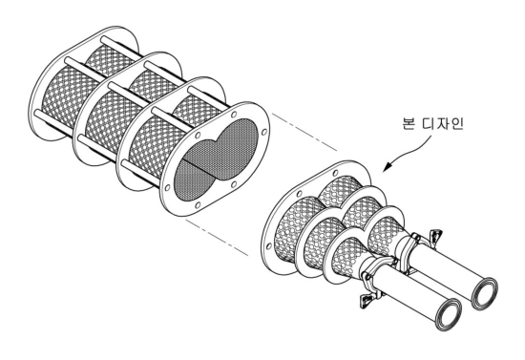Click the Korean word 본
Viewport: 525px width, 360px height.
click(409, 123)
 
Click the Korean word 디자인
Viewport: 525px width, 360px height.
click(443, 123)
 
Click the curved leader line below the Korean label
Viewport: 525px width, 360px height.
click(411, 150)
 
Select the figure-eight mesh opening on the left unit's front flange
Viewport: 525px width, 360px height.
click(216, 160)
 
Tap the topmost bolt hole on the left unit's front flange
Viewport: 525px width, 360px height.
click(234, 115)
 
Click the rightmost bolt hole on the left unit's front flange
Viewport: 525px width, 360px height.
click(264, 132)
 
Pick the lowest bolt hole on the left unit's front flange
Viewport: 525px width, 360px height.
click(198, 205)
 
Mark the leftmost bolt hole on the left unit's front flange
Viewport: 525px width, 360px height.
click(167, 187)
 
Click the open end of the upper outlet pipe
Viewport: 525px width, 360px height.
click(485, 293)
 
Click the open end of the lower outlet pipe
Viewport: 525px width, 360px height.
click(449, 314)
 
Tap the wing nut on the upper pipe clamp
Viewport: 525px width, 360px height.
click(435, 234)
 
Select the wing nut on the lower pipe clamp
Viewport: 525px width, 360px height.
click(366, 301)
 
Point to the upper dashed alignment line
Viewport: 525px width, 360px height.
click(304, 132)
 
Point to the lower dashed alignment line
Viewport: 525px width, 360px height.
click(217, 238)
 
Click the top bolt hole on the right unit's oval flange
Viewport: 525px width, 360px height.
click(335, 173)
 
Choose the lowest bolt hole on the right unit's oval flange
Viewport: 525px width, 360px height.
click(268, 246)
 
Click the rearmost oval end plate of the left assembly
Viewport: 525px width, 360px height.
click(84, 83)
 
